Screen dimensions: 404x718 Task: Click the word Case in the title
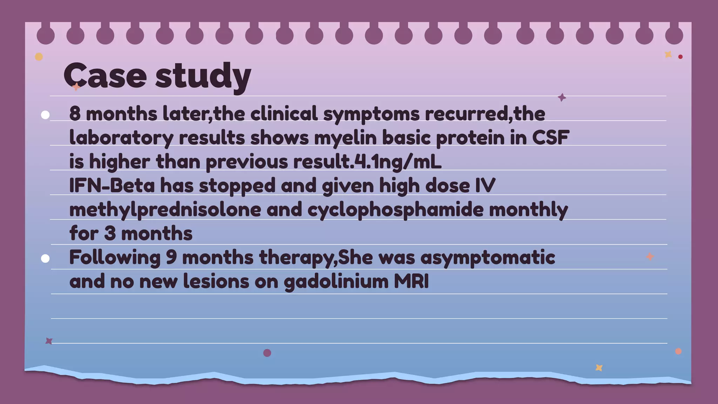click(x=105, y=75)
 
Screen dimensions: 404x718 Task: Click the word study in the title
click(x=203, y=76)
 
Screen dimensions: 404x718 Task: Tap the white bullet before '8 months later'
click(x=45, y=115)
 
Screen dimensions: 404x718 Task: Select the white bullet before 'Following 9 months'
click(x=45, y=258)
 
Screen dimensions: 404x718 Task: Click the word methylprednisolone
click(x=165, y=210)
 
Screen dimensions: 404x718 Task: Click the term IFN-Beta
click(x=112, y=185)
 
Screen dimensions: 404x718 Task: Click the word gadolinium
click(x=336, y=282)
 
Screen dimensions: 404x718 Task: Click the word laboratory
click(x=121, y=138)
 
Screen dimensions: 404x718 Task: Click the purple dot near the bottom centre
click(x=267, y=353)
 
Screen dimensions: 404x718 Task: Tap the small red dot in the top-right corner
click(x=680, y=57)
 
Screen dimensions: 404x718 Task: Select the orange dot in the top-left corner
click(x=39, y=57)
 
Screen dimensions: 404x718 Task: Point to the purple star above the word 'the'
click(x=562, y=97)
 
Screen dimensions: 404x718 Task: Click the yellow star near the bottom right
click(x=599, y=368)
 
